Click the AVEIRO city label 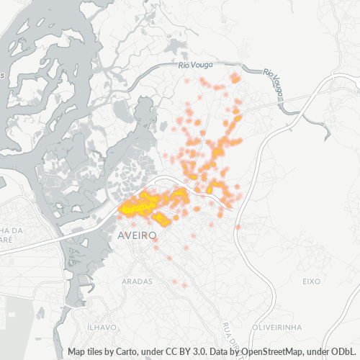click(138, 235)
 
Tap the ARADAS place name click(138, 281)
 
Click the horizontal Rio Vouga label click(195, 66)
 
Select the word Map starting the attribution click(78, 352)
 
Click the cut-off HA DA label click(13, 230)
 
